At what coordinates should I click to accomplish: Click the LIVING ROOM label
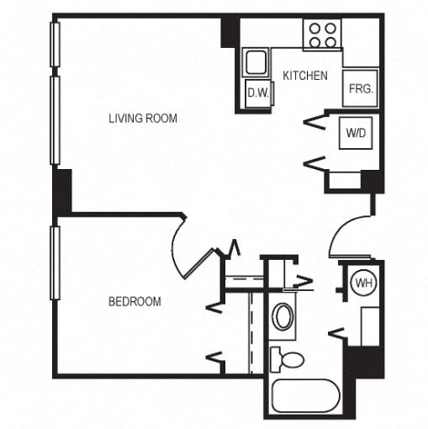coord(143,119)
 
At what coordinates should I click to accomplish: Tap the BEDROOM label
coord(135,301)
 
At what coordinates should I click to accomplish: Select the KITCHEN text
coord(304,76)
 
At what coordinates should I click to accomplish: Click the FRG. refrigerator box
coord(360,87)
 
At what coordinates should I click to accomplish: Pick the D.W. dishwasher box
coord(257,93)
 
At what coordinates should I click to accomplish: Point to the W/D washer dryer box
coord(355,133)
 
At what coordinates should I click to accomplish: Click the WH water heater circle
coord(363,283)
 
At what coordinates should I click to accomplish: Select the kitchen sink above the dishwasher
coord(255,62)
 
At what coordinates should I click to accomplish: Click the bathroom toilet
coord(288,359)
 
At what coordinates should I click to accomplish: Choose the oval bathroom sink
coord(283,317)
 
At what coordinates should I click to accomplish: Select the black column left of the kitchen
coord(230,31)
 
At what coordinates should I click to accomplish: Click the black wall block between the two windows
coord(61,192)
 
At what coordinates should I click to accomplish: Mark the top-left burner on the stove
coord(314,28)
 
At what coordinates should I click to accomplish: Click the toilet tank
coord(275,358)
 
